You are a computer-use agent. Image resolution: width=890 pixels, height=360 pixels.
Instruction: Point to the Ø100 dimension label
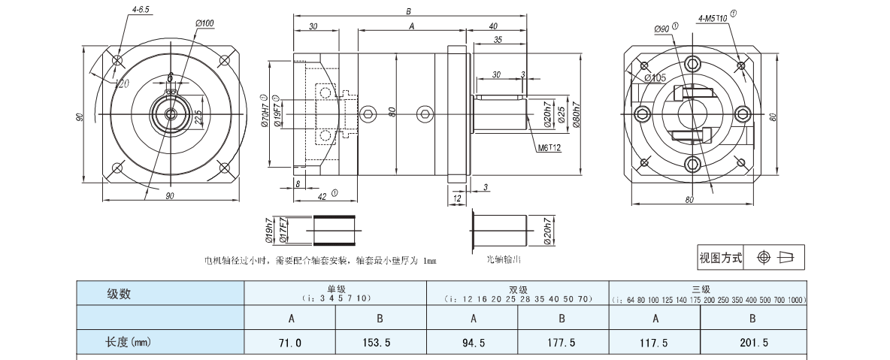pyautogui.click(x=204, y=24)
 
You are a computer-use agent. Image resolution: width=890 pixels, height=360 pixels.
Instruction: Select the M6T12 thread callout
pyautogui.click(x=549, y=148)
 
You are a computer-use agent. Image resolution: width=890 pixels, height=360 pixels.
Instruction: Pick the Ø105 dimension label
pyautogui.click(x=655, y=77)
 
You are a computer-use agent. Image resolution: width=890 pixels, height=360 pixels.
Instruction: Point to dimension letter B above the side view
pyautogui.click(x=407, y=11)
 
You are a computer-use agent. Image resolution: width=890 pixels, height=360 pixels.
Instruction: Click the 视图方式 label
pyautogui.click(x=720, y=258)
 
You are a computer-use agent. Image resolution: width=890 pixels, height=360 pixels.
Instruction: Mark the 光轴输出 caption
pyautogui.click(x=504, y=259)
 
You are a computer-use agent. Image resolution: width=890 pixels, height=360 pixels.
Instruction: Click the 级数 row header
pyautogui.click(x=120, y=294)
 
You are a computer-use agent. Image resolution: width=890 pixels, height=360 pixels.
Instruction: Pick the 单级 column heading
pyautogui.click(x=335, y=289)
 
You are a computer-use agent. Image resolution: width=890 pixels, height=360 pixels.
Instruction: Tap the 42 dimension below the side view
pyautogui.click(x=322, y=195)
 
